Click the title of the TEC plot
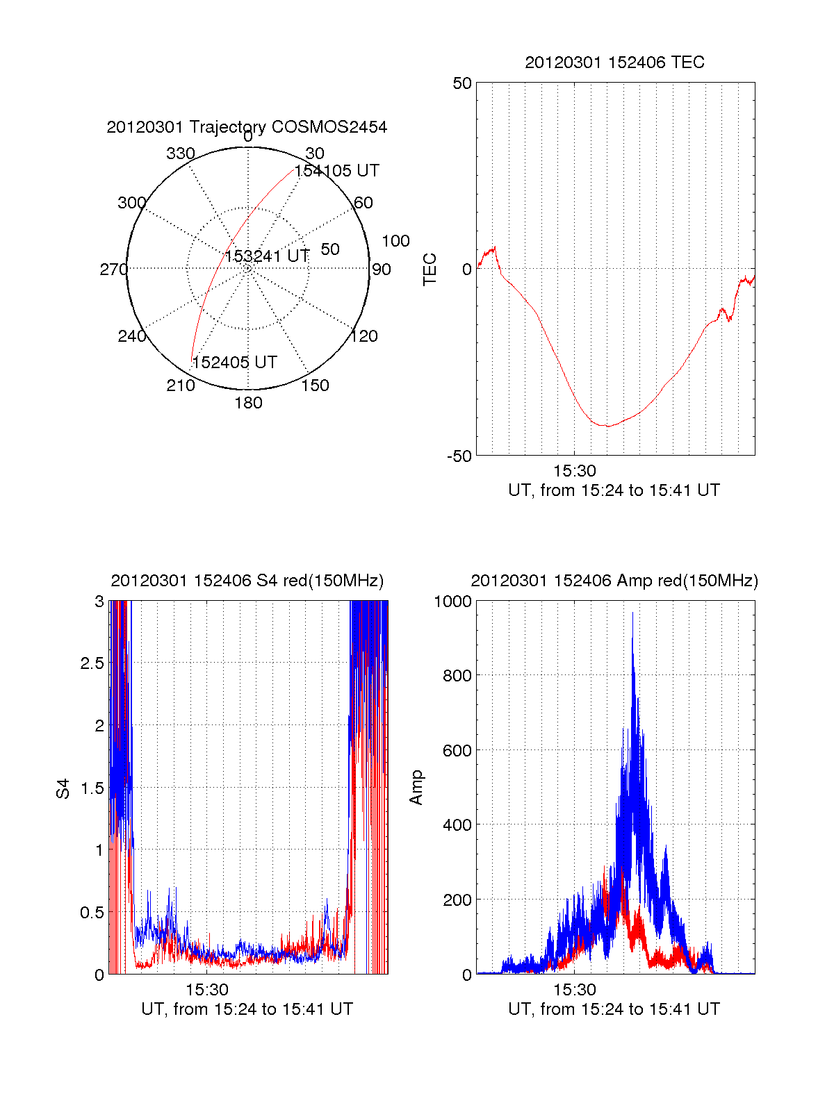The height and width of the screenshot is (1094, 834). (614, 63)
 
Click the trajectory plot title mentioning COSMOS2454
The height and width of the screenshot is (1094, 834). (247, 127)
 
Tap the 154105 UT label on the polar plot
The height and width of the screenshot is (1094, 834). (336, 171)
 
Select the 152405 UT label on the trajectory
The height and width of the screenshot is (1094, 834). (234, 363)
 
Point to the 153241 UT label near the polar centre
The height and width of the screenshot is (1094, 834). (267, 256)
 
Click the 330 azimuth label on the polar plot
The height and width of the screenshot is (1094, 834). (180, 154)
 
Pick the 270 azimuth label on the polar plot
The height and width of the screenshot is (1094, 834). (113, 270)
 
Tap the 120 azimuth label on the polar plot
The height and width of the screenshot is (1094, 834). (364, 336)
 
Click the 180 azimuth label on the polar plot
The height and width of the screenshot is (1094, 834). (248, 403)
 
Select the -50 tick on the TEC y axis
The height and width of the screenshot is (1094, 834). (459, 456)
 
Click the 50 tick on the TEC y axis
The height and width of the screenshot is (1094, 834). (462, 83)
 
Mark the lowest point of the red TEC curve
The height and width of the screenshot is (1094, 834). (607, 426)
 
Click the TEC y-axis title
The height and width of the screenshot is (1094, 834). (430, 270)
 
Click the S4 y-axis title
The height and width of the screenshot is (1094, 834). (63, 788)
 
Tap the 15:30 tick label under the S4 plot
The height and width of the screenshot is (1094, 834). (207, 990)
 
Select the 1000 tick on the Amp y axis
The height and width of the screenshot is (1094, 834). (452, 602)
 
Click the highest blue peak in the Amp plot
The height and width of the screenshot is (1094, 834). (632, 613)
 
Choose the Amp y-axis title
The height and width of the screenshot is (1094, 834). (416, 788)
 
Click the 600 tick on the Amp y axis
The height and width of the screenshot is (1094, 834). (457, 751)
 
